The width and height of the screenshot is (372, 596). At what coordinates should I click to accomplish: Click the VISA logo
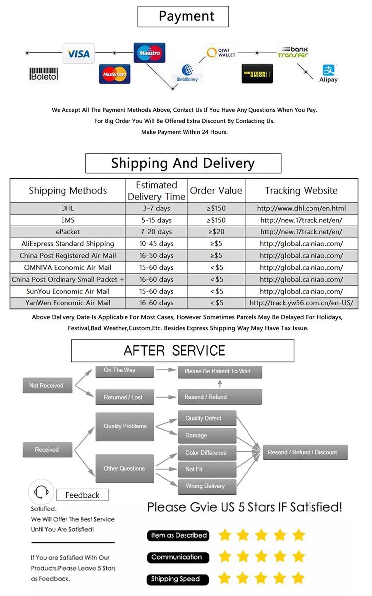78,54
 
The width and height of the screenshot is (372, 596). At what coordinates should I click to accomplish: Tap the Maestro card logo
149,53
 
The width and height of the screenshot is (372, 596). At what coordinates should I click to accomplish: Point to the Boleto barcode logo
44,74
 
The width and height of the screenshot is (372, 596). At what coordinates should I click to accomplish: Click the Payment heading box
183,16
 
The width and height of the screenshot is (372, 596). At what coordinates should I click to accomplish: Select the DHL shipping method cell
67,208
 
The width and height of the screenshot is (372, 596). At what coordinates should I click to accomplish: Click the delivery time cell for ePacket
156,232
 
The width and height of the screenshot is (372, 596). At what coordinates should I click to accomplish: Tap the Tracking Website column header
301,190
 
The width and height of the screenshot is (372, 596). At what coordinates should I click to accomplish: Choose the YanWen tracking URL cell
301,303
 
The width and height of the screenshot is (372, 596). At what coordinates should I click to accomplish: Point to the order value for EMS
216,220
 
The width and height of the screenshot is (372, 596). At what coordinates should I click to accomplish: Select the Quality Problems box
125,426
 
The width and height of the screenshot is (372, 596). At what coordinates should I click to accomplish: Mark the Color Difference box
206,453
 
